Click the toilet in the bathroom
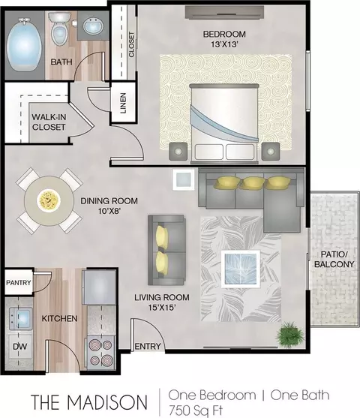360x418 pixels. [59, 29]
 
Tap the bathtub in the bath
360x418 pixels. [24, 44]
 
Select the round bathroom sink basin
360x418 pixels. [93, 26]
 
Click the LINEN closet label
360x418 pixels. [123, 103]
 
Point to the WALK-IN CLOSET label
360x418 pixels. [49, 122]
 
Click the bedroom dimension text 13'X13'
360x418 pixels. [224, 44]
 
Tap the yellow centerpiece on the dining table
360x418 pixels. [49, 200]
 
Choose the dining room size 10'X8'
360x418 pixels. [109, 211]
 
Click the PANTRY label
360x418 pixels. [19, 283]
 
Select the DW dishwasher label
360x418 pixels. [20, 346]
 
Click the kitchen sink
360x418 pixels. [21, 318]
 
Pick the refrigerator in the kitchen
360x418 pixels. [100, 287]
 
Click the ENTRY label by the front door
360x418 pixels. [148, 346]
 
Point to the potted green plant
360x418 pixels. [291, 334]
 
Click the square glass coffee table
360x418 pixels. [241, 269]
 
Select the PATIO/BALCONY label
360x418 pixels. [334, 259]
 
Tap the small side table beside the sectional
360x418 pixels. [184, 179]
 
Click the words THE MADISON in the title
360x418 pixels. [89, 401]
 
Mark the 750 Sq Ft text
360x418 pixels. [196, 410]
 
